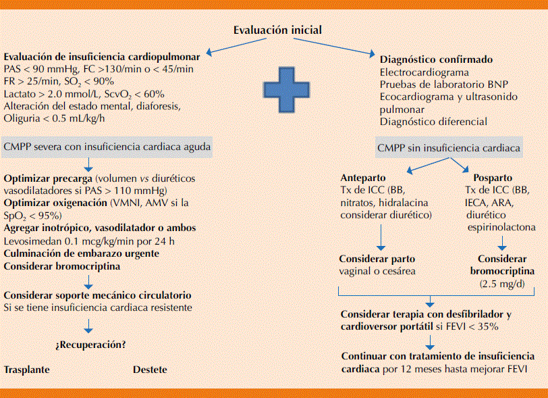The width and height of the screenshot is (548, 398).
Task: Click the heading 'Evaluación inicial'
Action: point(277,30)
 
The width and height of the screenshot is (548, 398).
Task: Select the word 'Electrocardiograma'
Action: point(424,72)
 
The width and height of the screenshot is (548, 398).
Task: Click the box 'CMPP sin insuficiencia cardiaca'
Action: point(448,147)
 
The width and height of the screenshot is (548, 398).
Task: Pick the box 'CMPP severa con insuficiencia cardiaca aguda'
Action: point(108,146)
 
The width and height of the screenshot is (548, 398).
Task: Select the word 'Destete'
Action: point(150,370)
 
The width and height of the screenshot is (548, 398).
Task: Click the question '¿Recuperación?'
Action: point(90,345)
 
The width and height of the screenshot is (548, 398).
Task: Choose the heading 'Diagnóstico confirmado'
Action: point(432,59)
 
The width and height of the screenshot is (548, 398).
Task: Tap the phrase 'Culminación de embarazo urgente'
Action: point(82,253)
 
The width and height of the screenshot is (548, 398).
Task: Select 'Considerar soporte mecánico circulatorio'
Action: point(97,295)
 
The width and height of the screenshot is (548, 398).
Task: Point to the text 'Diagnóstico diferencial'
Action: point(433,122)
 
